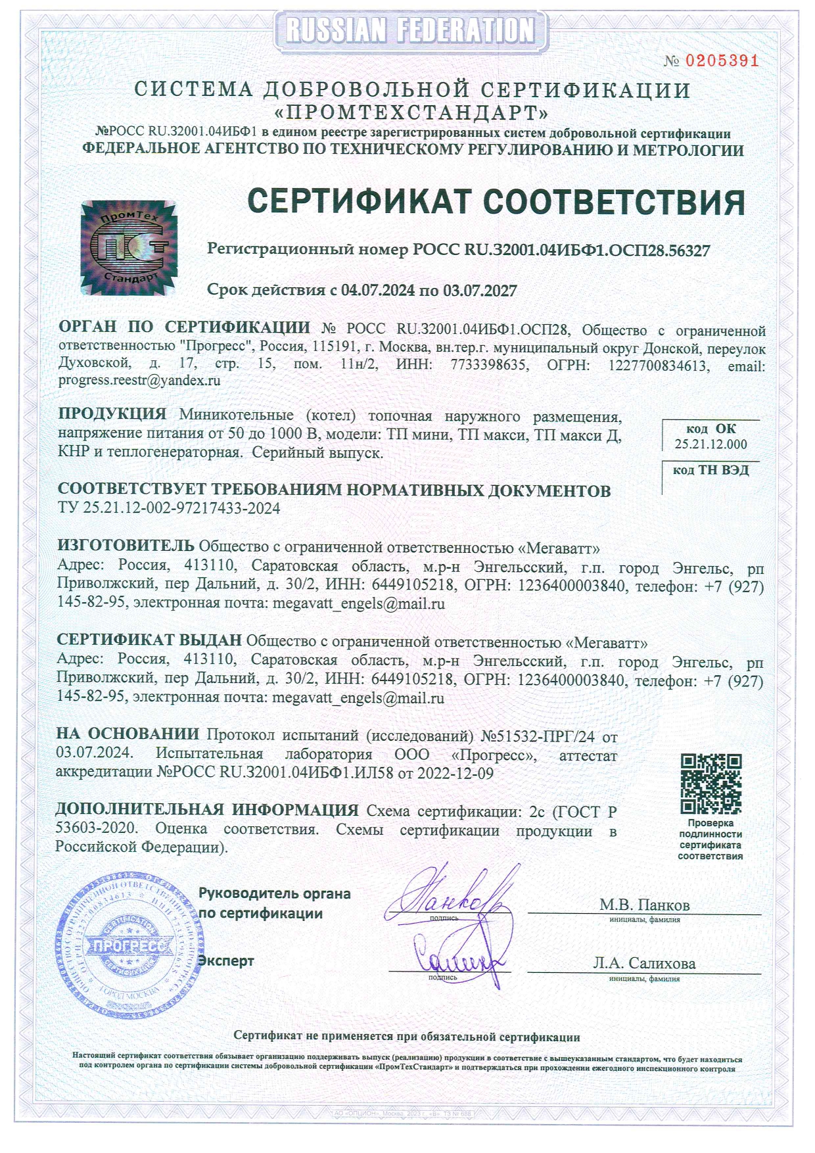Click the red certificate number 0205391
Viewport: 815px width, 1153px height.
[x=722, y=61]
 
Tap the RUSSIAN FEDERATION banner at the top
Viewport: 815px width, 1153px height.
[x=411, y=30]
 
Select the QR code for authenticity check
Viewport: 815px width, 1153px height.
[x=710, y=784]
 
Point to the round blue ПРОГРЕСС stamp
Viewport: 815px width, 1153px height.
[x=129, y=944]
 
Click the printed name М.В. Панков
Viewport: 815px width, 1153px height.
[x=644, y=905]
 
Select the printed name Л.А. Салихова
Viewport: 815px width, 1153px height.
[x=644, y=963]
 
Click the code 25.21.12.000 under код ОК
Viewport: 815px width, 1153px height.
[x=710, y=444]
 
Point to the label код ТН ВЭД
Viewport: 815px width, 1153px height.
[x=710, y=470]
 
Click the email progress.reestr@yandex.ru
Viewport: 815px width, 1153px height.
[x=139, y=380]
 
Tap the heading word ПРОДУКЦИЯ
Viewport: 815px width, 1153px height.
[x=112, y=414]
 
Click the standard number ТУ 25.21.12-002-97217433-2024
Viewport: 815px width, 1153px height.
[x=169, y=508]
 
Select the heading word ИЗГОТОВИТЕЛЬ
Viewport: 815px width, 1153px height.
[x=126, y=546]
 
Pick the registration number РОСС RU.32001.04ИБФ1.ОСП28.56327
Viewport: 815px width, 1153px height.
[x=561, y=250]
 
